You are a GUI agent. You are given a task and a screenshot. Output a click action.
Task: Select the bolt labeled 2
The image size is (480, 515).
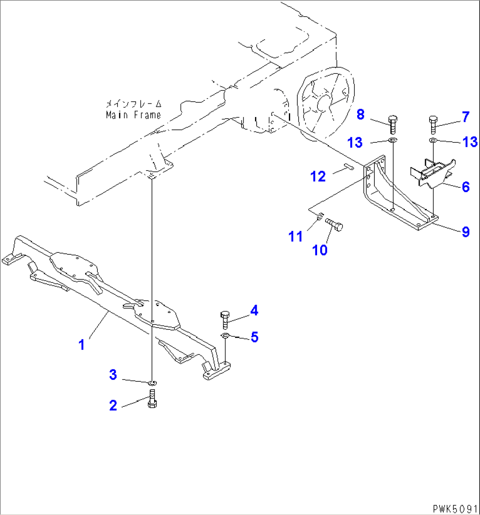pos(152,398)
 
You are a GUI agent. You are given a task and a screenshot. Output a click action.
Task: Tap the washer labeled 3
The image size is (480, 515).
pos(152,382)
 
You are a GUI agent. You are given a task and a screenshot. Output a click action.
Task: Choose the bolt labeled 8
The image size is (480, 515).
pos(393,124)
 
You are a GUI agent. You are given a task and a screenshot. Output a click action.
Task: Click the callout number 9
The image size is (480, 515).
pos(465,231)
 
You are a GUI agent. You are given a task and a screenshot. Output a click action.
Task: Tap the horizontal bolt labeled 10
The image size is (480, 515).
pos(336,224)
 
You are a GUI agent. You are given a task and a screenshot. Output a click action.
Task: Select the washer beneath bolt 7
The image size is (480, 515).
pos(432,140)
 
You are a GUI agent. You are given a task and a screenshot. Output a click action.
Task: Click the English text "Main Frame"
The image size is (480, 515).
pos(133,115)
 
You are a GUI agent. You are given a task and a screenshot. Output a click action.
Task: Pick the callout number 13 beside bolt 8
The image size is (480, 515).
pos(356,142)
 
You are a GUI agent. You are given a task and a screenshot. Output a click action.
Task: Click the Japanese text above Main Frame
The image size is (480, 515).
pos(133,105)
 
